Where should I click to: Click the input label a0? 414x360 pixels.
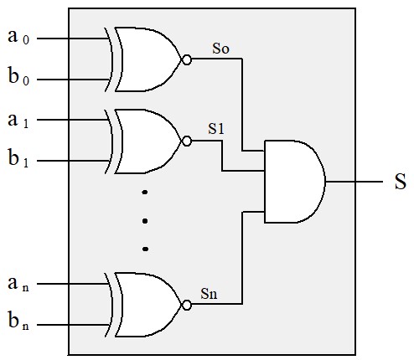click(18, 37)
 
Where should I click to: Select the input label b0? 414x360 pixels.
click(18, 75)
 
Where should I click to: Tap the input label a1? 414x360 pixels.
click(18, 120)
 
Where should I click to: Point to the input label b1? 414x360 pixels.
click(18, 158)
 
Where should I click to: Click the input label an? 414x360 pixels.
click(18, 284)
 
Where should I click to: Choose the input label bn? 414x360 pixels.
click(18, 320)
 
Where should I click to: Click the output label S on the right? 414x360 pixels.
click(401, 182)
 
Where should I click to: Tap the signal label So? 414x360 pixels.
click(220, 49)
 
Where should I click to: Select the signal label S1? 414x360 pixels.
click(216, 129)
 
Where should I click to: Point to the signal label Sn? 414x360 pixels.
click(209, 294)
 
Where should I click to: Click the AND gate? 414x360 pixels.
click(295, 182)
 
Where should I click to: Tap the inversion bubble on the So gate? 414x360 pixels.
click(187, 60)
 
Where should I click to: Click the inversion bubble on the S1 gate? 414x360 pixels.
click(187, 141)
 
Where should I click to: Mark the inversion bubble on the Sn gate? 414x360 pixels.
click(187, 305)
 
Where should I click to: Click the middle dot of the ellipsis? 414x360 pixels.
click(145, 221)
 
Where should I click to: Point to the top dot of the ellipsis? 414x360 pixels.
click(145, 192)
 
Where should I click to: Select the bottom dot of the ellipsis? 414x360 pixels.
click(145, 249)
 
